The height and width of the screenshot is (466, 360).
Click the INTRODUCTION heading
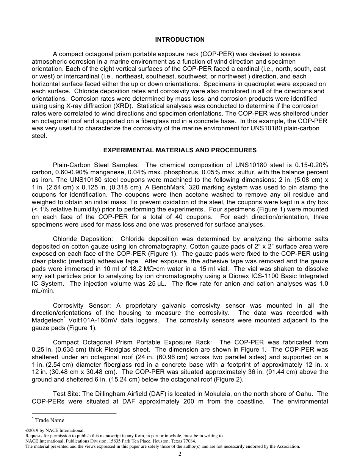[180, 39]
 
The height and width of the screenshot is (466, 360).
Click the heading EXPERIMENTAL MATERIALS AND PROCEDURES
[180, 150]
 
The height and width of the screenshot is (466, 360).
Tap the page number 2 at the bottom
[180, 454]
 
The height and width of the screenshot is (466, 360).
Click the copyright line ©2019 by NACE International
[55, 430]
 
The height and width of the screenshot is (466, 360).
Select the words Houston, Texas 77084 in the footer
[174, 441]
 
